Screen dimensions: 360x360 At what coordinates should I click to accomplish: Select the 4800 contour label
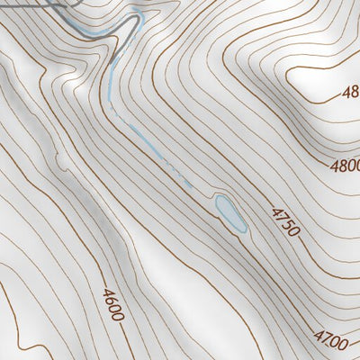[x=345, y=166]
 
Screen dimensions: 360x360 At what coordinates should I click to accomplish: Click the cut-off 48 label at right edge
[x=350, y=91]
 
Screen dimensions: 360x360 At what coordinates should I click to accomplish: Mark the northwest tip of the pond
[x=217, y=197]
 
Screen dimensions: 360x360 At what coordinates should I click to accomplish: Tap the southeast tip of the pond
[x=243, y=230]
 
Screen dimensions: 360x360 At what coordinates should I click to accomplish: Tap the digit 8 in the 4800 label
[x=341, y=166]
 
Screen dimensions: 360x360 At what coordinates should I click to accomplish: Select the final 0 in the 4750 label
[x=293, y=231]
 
